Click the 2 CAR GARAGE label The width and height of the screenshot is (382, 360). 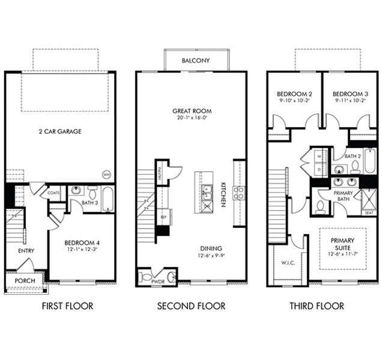(x=60, y=131)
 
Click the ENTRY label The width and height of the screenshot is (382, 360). (x=26, y=251)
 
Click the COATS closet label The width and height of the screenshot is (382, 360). (x=53, y=193)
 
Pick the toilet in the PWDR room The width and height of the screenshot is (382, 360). (x=147, y=277)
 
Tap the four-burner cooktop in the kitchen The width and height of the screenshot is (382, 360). (x=238, y=193)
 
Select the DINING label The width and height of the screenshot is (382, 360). (x=211, y=248)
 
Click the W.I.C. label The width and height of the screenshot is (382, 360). (x=285, y=262)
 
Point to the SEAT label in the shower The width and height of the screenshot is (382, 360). (x=368, y=212)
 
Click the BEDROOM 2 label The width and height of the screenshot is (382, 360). (x=294, y=94)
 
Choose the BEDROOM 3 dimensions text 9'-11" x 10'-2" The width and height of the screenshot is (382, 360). (x=350, y=101)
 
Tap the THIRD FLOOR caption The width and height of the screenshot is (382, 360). (x=317, y=306)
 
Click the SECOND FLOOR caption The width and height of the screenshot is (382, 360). (x=192, y=306)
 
